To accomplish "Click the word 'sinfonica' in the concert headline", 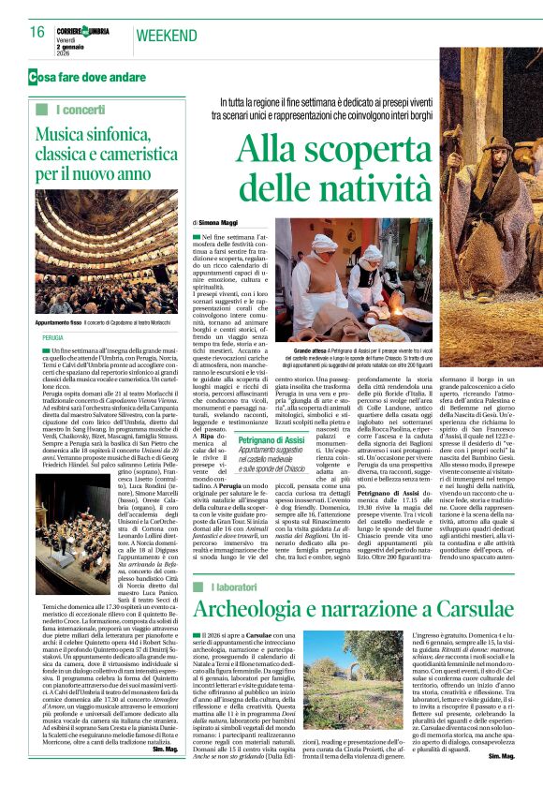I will tap(128, 136).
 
